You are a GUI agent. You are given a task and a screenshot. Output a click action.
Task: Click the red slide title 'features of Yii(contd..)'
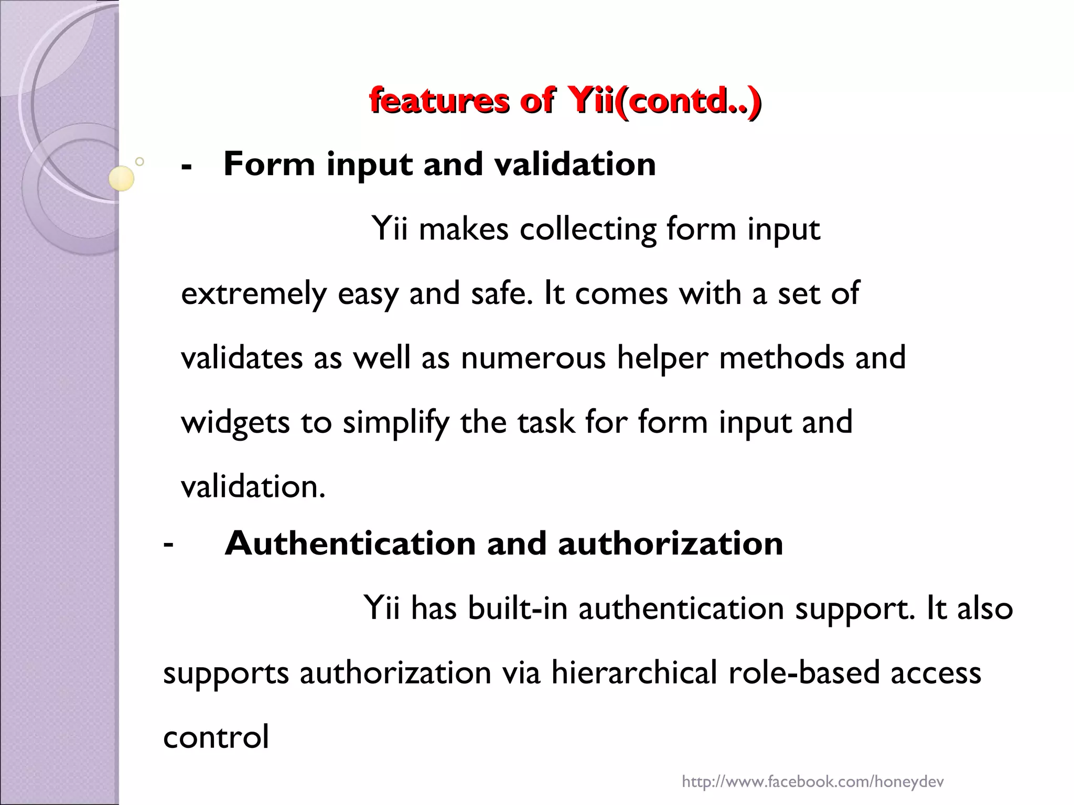click(565, 100)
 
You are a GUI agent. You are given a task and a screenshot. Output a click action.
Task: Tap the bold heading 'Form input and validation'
click(439, 164)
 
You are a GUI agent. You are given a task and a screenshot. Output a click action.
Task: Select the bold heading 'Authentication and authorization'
click(503, 543)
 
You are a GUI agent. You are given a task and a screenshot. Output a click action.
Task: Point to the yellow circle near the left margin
click(121, 179)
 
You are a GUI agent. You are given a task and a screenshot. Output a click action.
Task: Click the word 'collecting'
click(587, 229)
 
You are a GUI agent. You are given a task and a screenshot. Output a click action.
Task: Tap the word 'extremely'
click(253, 293)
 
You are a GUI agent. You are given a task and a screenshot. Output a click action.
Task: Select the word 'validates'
click(242, 357)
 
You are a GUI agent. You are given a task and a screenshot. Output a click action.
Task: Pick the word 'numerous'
click(533, 358)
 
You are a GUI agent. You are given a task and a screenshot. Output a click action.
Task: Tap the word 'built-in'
click(518, 608)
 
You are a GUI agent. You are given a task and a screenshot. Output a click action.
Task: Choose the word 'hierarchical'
click(633, 673)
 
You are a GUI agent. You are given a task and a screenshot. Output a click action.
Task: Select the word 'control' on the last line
click(216, 737)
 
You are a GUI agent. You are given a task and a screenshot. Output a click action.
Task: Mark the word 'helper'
click(662, 358)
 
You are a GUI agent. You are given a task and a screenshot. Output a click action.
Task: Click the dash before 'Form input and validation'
click(186, 167)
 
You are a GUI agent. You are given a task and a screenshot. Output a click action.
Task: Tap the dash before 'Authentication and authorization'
click(168, 545)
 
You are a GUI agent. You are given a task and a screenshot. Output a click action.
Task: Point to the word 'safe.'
click(502, 293)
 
